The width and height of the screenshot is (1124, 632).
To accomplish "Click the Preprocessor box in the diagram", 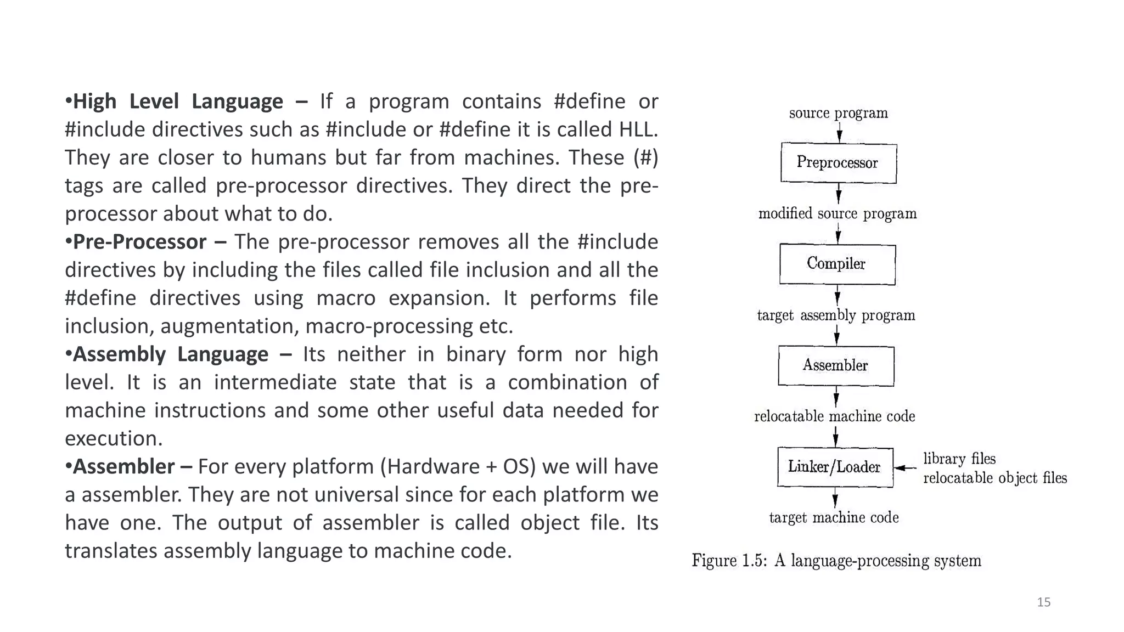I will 838,163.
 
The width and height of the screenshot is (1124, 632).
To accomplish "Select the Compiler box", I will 837,264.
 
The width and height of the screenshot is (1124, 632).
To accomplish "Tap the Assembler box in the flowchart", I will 836,365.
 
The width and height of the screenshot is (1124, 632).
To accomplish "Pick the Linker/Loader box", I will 835,467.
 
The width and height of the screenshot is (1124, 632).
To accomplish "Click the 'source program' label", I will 838,114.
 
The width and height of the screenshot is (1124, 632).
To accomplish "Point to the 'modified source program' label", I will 837,214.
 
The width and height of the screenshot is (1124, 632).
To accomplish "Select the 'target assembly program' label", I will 836,315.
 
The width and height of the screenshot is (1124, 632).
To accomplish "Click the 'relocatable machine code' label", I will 834,416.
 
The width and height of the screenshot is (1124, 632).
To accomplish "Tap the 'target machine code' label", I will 834,518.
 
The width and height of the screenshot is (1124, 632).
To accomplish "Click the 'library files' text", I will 959,459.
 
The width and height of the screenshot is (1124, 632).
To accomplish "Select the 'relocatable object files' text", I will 994,478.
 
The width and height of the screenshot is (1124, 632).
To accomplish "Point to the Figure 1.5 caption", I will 836,561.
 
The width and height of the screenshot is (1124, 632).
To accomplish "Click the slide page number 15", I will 1043,602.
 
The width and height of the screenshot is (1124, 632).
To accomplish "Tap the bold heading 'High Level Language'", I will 178,102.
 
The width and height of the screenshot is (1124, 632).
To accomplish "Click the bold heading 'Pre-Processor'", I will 140,242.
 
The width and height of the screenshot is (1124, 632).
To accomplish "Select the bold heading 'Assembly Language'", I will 171,354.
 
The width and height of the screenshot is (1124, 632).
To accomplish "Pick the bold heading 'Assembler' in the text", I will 124,467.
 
